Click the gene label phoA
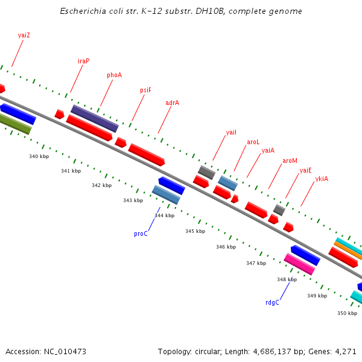coord(114,75)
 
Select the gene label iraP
coord(83,61)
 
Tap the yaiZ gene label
coord(24,35)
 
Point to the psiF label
coord(145,90)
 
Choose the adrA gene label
coord(172,103)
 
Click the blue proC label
coord(141,233)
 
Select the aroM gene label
coord(290,160)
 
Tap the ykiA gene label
coord(322,179)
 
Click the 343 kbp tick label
coord(133,200)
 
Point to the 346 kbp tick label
coord(226,247)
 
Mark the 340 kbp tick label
coord(39,156)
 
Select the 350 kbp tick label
coord(347,313)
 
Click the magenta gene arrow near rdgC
coord(299,264)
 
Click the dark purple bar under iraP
coord(94,118)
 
